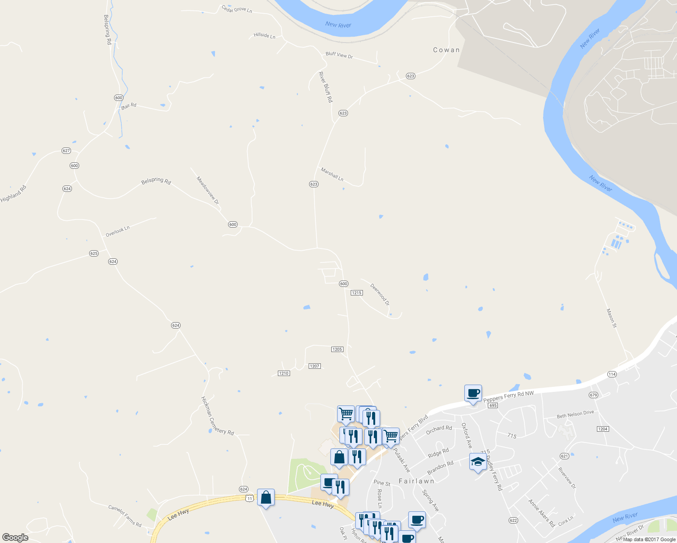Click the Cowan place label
pos(446,50)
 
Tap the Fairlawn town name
pos(416,481)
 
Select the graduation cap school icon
pos(478,462)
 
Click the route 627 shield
pos(67,151)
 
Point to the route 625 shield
pos(94,253)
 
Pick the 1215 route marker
pos(357,293)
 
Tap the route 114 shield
pos(612,374)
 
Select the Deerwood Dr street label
pos(380,294)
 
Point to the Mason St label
pos(611,318)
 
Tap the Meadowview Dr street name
pos(208,191)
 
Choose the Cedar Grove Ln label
pos(237,9)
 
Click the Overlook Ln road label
pos(118,231)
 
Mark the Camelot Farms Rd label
pos(125,516)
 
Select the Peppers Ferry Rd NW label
pos(509,397)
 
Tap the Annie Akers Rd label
pos(542,513)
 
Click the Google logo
pos(15,538)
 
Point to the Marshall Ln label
pos(332,174)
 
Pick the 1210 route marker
pos(284,373)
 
